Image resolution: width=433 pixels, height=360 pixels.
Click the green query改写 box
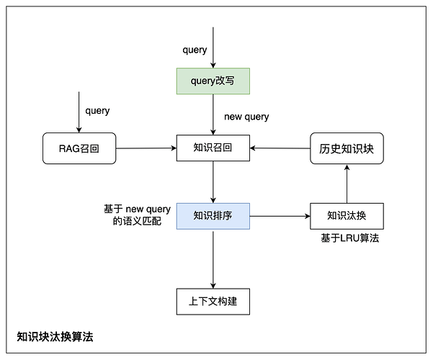[x=213, y=81]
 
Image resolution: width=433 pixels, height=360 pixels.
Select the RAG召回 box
[x=79, y=148]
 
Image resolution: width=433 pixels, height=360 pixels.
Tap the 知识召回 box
[x=213, y=148]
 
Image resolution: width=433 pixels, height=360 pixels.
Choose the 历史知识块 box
[x=347, y=148]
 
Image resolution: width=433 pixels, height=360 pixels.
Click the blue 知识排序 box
[x=213, y=215]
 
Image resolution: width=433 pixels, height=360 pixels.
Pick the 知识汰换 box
[x=347, y=215]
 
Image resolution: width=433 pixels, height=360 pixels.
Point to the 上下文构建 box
[x=213, y=301]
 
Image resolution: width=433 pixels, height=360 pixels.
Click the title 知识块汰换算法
[x=55, y=336]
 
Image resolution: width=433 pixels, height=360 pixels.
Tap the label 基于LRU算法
[x=349, y=238]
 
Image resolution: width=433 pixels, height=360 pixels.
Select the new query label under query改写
[x=246, y=116]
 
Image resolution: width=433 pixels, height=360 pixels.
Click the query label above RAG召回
[x=97, y=111]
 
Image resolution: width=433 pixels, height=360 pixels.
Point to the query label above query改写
[x=195, y=50]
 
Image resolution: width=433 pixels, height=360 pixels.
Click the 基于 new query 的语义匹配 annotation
[x=137, y=215]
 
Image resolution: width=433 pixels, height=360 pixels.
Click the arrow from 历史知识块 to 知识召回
[x=280, y=148]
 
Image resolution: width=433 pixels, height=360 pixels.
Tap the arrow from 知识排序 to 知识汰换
[x=280, y=215]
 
